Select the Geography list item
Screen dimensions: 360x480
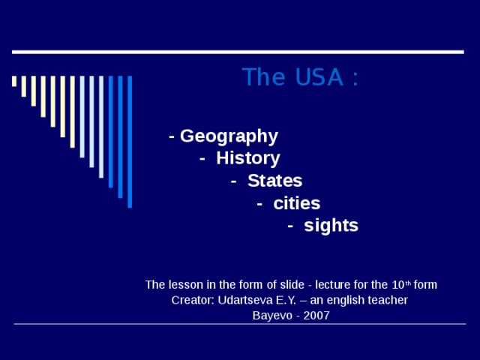click(229, 136)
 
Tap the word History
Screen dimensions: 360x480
click(247, 158)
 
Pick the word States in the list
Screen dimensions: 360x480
click(274, 181)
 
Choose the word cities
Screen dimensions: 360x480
click(296, 203)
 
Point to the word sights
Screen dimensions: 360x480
click(331, 226)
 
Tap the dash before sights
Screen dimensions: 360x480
click(290, 226)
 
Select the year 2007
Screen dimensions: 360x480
click(316, 315)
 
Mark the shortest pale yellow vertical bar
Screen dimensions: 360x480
click(14, 81)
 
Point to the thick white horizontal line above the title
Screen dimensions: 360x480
click(238, 52)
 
